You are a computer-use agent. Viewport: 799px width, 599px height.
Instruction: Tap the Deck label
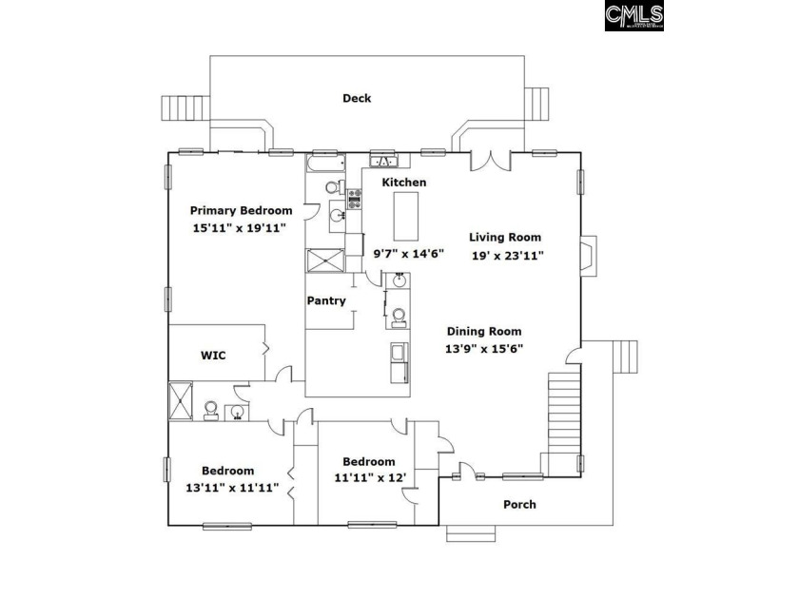357,98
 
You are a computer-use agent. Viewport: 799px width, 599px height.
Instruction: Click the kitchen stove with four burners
356,199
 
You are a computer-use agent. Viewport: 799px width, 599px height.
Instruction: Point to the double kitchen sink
383,160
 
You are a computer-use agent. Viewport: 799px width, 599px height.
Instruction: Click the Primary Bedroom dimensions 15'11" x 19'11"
238,228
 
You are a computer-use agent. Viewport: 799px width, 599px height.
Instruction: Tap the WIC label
212,355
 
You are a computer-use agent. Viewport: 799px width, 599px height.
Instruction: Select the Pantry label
325,301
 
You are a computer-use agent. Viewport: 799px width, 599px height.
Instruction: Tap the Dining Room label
484,331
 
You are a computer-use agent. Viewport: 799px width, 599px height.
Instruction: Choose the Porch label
519,504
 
